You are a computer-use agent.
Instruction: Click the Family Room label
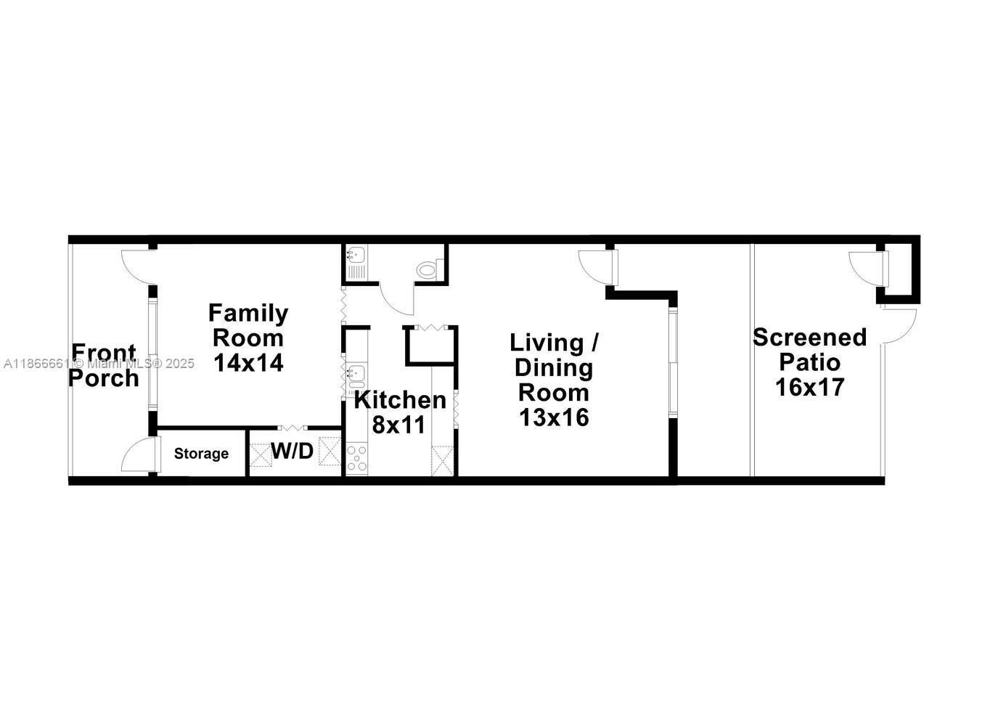coord(248,325)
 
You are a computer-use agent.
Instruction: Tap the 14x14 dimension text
coord(248,362)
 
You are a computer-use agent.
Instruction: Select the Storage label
coord(201,454)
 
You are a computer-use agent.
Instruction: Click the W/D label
coord(293,452)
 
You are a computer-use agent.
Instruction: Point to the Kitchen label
coord(400,400)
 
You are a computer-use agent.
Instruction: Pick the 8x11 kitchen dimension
coord(398,425)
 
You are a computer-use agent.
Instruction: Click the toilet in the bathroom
coord(428,270)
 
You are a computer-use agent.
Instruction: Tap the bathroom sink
coord(356,255)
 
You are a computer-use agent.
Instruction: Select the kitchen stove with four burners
coord(356,459)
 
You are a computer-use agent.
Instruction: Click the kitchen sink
coord(355,375)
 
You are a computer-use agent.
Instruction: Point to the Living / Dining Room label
coord(555,367)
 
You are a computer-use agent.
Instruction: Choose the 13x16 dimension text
coord(554,417)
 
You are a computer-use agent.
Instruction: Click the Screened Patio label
coord(809,349)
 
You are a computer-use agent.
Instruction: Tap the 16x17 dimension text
coord(809,387)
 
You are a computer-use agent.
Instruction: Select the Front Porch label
coord(103,365)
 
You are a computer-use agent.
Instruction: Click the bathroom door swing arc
coord(396,299)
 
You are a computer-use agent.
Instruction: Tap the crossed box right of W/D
coord(330,452)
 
